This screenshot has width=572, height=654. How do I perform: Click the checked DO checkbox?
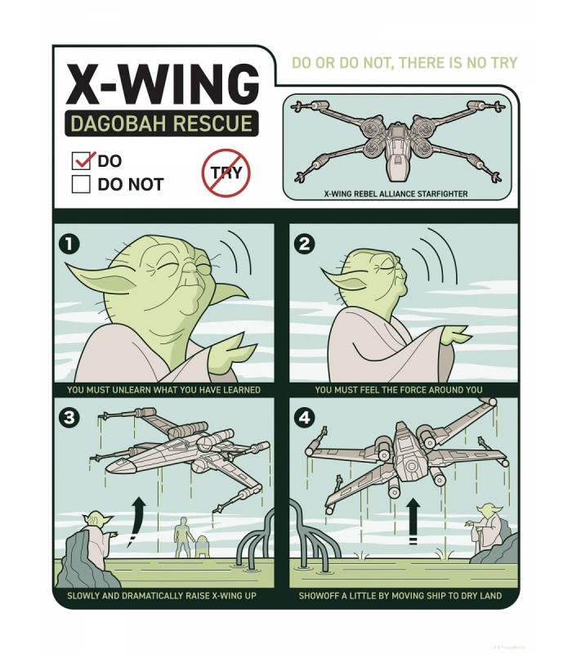82,160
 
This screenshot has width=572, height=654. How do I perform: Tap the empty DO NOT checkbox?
81,184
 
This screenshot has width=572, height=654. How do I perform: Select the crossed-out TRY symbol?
226,172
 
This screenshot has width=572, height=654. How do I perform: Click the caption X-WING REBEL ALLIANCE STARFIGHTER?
395,194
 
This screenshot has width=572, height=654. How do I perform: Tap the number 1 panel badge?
69,244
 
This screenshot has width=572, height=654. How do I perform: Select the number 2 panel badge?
305,244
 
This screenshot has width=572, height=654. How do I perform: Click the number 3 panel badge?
69,418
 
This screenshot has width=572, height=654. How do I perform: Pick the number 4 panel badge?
305,418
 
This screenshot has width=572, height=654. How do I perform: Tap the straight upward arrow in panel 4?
412,519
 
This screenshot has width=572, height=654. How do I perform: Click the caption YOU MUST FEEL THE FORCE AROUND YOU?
399,390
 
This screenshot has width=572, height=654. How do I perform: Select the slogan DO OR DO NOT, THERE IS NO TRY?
404,64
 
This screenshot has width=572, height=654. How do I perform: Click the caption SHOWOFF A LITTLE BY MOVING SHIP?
400,596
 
